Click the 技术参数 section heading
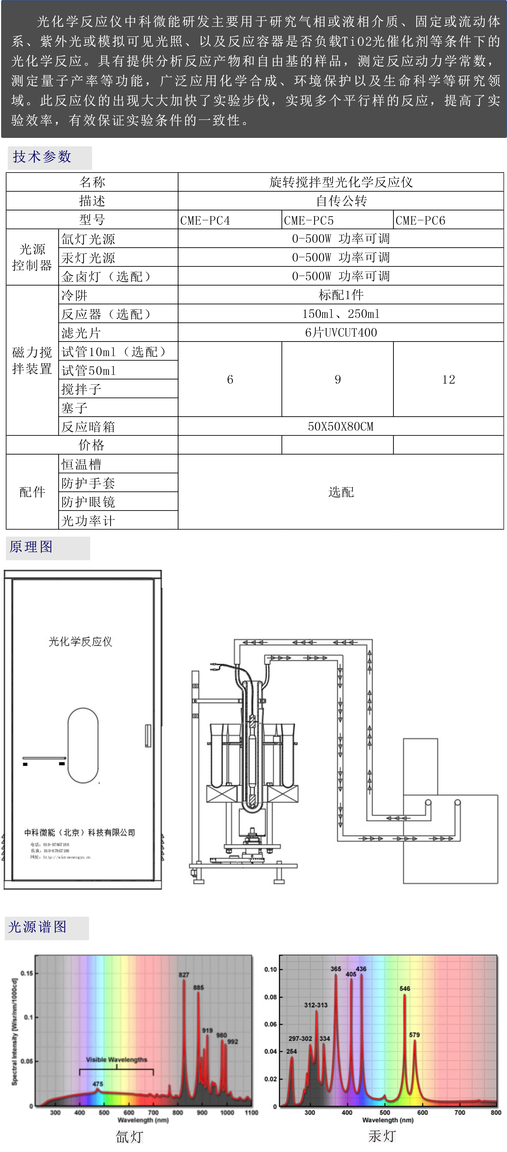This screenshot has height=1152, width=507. (42, 157)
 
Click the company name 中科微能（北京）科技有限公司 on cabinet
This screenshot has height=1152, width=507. (80, 832)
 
